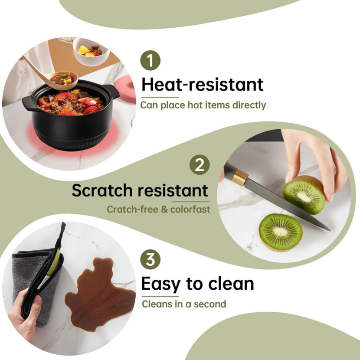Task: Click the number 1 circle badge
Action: pyautogui.click(x=150, y=60)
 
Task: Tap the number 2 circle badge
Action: pyautogui.click(x=200, y=165)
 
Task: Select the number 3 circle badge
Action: pyautogui.click(x=150, y=259)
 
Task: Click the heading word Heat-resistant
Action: pyautogui.click(x=202, y=84)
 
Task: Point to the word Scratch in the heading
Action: pyautogui.click(x=102, y=190)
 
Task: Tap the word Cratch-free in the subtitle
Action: pyautogui.click(x=134, y=209)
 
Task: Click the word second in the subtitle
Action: pyautogui.click(x=210, y=304)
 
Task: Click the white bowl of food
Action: pyautogui.click(x=91, y=52)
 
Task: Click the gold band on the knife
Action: pyautogui.click(x=240, y=178)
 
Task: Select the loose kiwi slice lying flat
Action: pyautogui.click(x=281, y=232)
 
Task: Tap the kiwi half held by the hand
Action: pyautogui.click(x=304, y=195)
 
